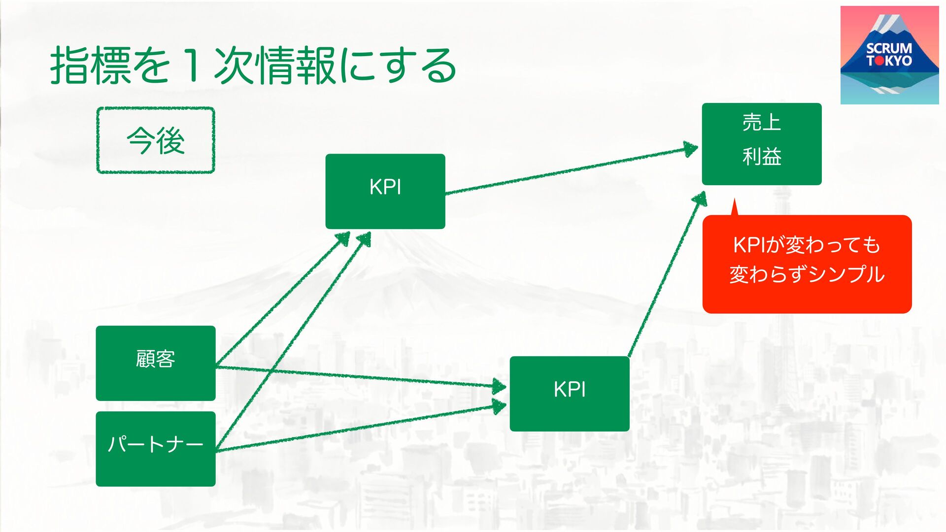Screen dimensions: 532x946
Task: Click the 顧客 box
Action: (156, 363)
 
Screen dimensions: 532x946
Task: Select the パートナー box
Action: (156, 449)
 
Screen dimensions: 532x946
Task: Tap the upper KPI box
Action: (385, 191)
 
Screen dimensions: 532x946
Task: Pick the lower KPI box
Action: (570, 394)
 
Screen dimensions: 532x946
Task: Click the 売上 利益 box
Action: (762, 144)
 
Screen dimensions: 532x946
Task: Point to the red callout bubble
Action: (807, 264)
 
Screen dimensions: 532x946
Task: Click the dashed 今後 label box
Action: (156, 140)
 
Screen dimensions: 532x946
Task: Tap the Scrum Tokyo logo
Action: (889, 55)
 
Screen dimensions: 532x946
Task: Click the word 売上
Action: (762, 122)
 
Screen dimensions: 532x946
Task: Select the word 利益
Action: (762, 157)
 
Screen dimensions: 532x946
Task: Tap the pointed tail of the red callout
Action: (734, 204)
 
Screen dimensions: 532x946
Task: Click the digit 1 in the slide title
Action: (193, 65)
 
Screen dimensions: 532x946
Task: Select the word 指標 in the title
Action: (91, 65)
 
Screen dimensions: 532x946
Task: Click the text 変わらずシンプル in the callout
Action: (807, 275)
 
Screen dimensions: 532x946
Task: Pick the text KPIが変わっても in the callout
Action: (807, 245)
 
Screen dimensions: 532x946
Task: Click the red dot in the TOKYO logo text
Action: (878, 61)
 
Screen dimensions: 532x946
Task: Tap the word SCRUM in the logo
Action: (889, 48)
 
